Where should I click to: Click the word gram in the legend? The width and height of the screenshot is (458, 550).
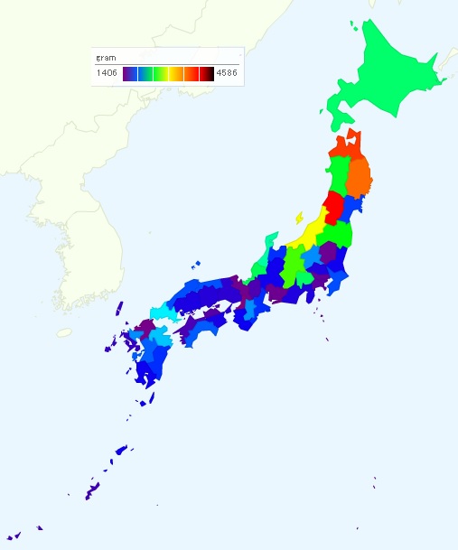[x=106, y=57]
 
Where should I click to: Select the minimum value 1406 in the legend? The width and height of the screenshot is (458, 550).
[x=107, y=74]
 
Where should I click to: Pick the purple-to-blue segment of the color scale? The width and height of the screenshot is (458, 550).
[x=131, y=74]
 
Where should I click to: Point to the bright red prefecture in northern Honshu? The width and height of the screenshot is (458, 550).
[x=333, y=207]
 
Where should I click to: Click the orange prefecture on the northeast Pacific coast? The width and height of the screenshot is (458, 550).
[x=359, y=177]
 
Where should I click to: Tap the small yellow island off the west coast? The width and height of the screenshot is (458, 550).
[x=298, y=218]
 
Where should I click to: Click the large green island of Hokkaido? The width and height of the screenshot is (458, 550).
[x=388, y=77]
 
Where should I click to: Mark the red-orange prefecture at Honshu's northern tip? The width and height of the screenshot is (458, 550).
[x=348, y=144]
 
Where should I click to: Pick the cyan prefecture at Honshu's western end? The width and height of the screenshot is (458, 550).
[x=163, y=312]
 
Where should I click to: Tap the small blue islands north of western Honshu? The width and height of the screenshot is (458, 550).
[x=196, y=265]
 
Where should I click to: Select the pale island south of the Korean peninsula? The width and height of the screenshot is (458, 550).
[x=64, y=332]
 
